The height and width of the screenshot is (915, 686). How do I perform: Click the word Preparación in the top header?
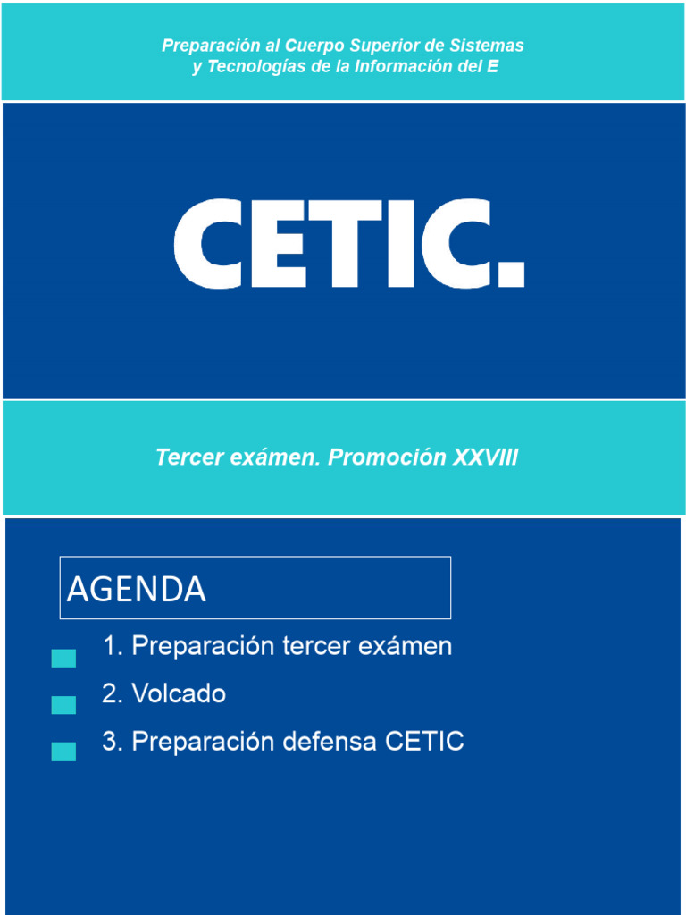point(205,46)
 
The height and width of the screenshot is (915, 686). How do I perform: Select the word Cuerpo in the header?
point(312,46)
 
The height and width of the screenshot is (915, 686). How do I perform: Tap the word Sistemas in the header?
point(489,46)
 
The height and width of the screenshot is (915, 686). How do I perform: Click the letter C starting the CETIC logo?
point(205,245)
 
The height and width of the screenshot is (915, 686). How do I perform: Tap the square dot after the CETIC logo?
point(509,273)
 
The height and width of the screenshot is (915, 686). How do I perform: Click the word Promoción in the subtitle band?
point(388,457)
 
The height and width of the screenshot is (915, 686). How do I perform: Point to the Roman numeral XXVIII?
point(485,457)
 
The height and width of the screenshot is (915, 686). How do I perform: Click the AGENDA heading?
point(137,589)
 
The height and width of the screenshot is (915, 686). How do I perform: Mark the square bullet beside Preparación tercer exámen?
point(63,659)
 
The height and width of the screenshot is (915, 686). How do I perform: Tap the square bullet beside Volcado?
point(63,705)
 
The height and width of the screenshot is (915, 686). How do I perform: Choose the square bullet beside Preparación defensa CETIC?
point(63,751)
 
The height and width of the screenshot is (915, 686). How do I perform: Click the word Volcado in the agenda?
point(179,694)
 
